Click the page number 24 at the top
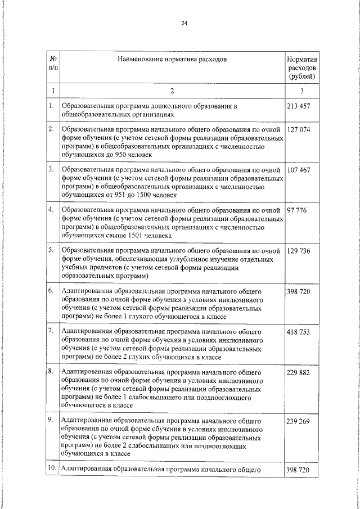(x=184, y=23)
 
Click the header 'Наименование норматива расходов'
(x=173, y=59)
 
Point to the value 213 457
(x=299, y=106)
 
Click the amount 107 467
(x=299, y=169)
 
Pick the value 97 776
(x=297, y=210)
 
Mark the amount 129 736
(x=299, y=250)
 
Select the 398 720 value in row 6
(x=299, y=291)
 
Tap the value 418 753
(x=299, y=332)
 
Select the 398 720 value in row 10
(x=299, y=469)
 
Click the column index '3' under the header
(x=302, y=91)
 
